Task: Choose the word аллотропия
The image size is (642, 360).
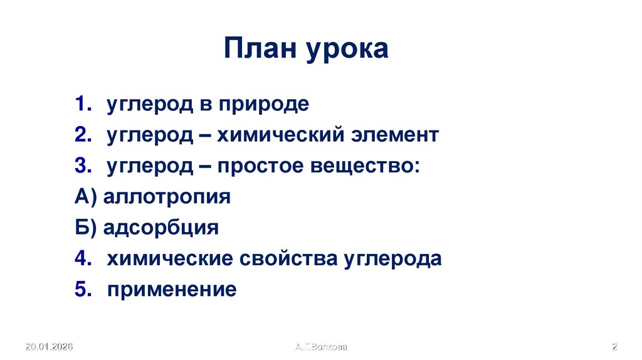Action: click(x=167, y=197)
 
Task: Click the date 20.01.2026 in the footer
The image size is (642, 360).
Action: click(x=50, y=347)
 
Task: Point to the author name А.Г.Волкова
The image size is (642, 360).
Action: click(x=321, y=347)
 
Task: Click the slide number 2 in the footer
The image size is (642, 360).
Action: click(x=615, y=347)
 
